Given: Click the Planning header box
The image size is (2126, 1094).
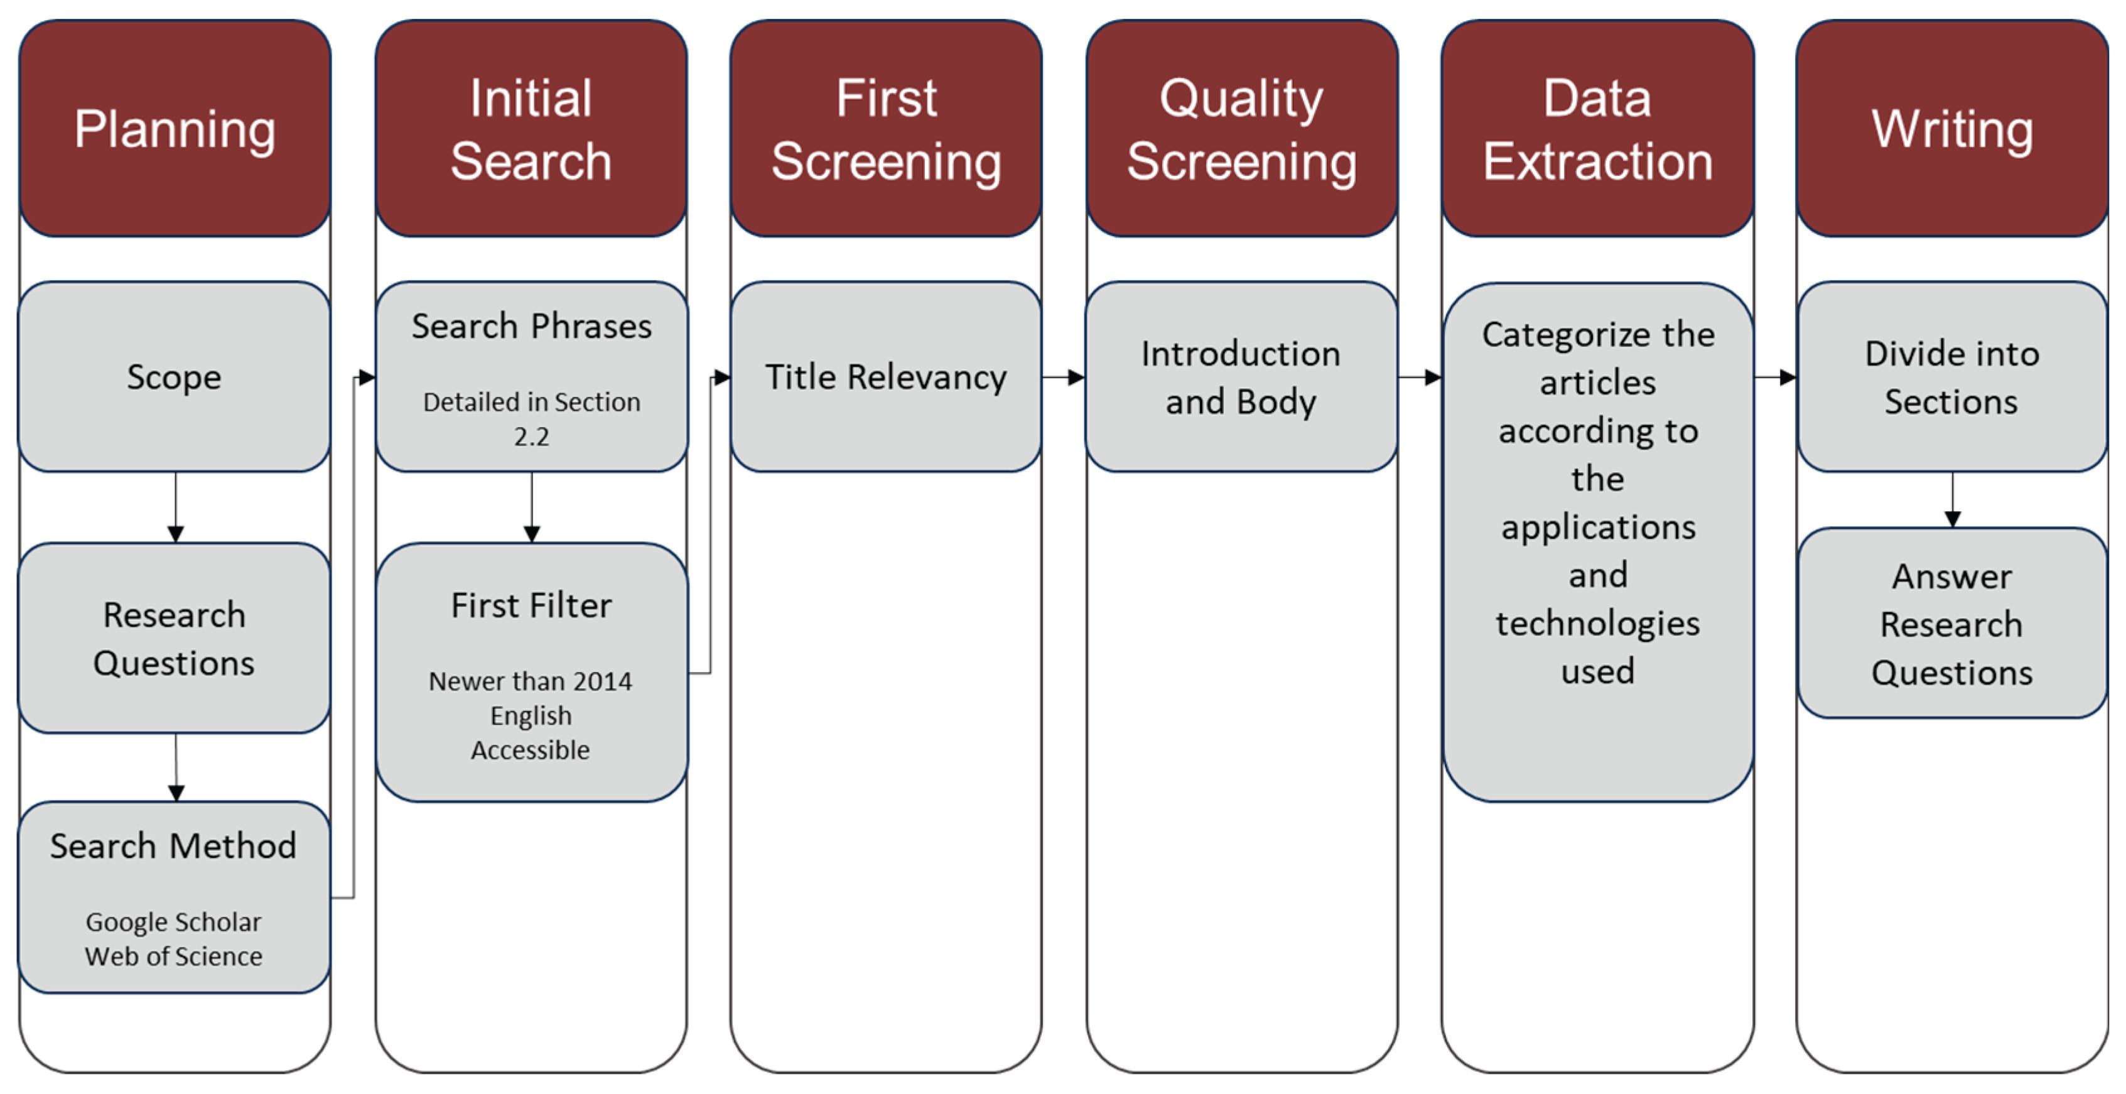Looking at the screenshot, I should point(175,129).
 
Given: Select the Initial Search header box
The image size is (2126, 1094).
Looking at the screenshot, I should point(531,129).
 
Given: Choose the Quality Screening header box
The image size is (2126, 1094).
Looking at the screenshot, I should point(1241,129).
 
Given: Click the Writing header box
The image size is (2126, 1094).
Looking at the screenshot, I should point(1952,129).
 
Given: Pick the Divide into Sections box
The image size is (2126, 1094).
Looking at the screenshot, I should point(1952,377).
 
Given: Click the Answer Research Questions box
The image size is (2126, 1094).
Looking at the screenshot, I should point(1952,624).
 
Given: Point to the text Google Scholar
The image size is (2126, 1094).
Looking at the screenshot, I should point(173,921).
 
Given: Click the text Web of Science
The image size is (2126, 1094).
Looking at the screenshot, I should point(173,956).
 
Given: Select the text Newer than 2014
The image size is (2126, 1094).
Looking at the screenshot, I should point(530,681).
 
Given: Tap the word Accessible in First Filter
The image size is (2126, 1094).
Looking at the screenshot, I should point(530,750).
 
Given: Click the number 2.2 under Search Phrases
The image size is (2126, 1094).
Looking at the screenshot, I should point(531,436).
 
